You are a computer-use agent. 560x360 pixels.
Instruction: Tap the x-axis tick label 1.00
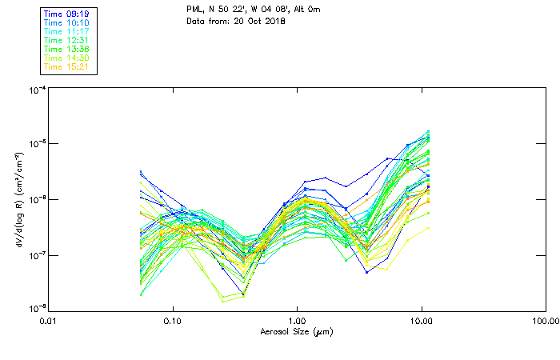pyautogui.click(x=297, y=322)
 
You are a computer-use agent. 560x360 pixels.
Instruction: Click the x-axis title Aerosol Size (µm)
pyautogui.click(x=296, y=331)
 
